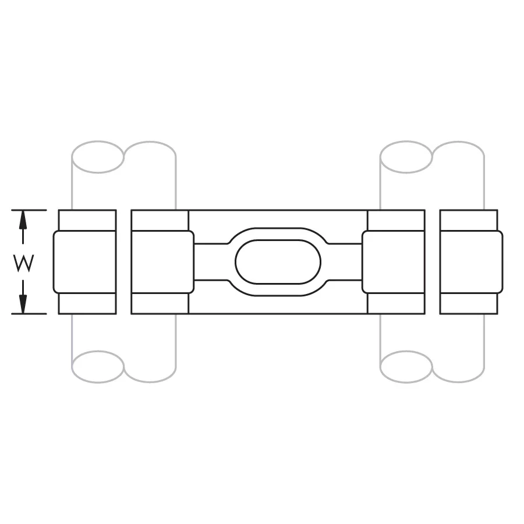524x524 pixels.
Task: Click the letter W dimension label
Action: (x=24, y=263)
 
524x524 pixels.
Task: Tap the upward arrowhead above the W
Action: (x=23, y=218)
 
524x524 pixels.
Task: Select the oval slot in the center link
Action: (x=278, y=262)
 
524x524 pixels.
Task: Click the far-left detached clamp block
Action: (x=84, y=262)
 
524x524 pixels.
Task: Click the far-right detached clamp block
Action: (x=471, y=262)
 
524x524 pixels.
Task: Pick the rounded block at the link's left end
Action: (x=163, y=262)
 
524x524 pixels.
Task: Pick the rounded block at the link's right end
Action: (x=394, y=262)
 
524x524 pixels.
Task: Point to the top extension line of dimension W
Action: (x=29, y=210)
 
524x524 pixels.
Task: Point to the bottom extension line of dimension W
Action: (x=29, y=314)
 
